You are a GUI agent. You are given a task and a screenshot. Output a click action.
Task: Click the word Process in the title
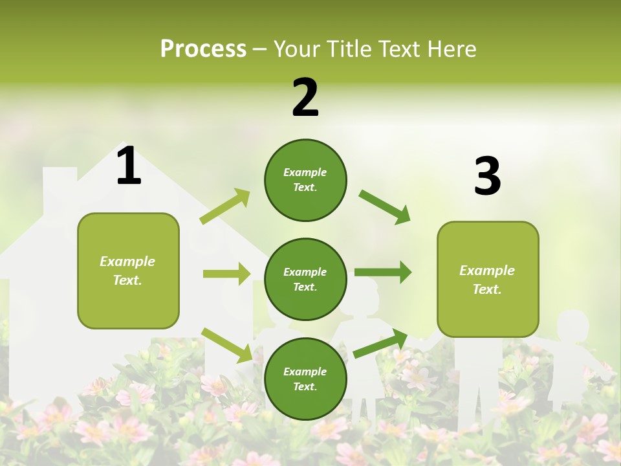(203, 49)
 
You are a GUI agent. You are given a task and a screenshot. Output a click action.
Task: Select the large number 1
(129, 166)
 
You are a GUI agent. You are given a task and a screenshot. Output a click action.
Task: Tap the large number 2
(305, 98)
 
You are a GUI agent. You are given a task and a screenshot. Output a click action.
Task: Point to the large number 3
(487, 176)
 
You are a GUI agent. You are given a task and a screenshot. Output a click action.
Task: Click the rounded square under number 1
(128, 271)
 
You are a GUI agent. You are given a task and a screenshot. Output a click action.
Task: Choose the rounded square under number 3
(488, 279)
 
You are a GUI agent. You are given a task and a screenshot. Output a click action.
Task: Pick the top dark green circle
(305, 180)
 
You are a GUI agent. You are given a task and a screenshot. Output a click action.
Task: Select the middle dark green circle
(305, 279)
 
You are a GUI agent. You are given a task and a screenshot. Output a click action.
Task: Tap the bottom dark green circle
(305, 379)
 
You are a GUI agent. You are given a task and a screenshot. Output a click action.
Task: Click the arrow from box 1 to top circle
(225, 206)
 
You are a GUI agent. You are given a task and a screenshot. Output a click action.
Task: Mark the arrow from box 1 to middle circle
(226, 274)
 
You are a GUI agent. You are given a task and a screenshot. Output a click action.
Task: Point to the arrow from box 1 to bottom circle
(226, 345)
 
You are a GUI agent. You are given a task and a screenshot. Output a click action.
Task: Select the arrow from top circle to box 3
(385, 207)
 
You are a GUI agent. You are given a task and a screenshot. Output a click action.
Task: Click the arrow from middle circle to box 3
(383, 272)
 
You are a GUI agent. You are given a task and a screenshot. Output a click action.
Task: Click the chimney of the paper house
(60, 184)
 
